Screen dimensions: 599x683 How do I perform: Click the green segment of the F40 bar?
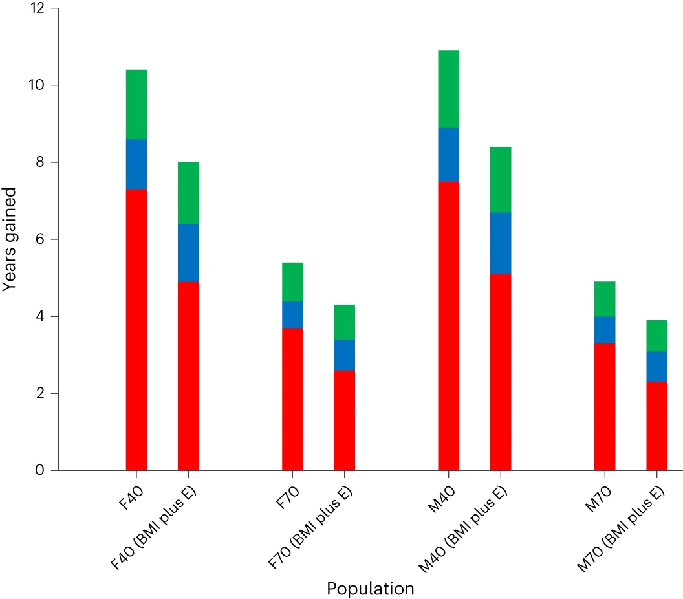(x=136, y=104)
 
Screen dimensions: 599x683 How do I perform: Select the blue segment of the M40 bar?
(x=449, y=155)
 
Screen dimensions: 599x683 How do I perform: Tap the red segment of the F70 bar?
(x=292, y=398)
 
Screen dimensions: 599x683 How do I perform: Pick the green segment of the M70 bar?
(x=605, y=299)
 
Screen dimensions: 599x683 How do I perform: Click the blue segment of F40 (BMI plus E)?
(x=188, y=252)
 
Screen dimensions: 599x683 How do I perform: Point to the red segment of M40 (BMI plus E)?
(x=501, y=372)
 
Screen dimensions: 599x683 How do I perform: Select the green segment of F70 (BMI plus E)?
(x=344, y=321)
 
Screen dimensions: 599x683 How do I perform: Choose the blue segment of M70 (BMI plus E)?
(x=656, y=366)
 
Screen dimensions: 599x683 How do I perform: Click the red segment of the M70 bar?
(x=605, y=406)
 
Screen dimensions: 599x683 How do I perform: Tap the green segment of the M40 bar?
(x=449, y=89)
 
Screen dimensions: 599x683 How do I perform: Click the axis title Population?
(x=370, y=589)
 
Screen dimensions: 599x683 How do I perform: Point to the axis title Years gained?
(x=10, y=239)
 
